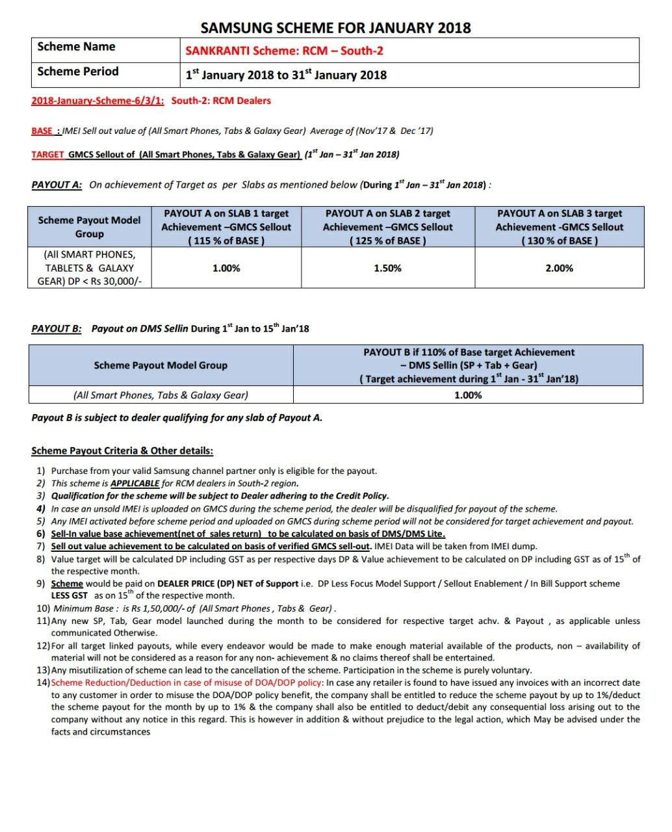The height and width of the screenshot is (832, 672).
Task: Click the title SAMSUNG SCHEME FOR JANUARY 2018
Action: pos(335,28)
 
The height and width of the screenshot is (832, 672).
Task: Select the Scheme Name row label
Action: pos(76,47)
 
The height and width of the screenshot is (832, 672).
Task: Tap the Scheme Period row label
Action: pos(78,71)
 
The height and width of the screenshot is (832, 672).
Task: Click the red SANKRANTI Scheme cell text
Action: pos(284,51)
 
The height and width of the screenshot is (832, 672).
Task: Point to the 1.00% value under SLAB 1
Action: pos(226,268)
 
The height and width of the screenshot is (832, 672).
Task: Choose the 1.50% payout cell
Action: pos(387,268)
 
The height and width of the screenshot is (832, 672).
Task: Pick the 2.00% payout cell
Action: pos(559,268)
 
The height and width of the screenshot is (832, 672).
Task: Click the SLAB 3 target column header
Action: pos(559,227)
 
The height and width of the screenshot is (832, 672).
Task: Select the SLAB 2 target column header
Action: pos(387,227)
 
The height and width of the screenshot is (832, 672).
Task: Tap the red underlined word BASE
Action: pos(43,131)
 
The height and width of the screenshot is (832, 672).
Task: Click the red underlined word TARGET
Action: pos(47,155)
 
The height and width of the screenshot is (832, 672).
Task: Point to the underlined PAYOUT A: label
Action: pos(57,185)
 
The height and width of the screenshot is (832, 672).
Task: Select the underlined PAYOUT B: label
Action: pos(57,329)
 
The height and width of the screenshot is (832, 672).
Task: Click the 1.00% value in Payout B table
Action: pos(468,395)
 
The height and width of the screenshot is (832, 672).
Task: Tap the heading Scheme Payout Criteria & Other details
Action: pos(122,450)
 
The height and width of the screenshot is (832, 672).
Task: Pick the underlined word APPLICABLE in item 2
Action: pos(135,484)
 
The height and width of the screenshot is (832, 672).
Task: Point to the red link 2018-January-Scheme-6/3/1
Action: pos(97,101)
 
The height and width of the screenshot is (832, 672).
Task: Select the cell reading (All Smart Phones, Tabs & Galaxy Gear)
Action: pos(161,395)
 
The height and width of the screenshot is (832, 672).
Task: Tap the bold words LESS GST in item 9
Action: pos(70,595)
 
